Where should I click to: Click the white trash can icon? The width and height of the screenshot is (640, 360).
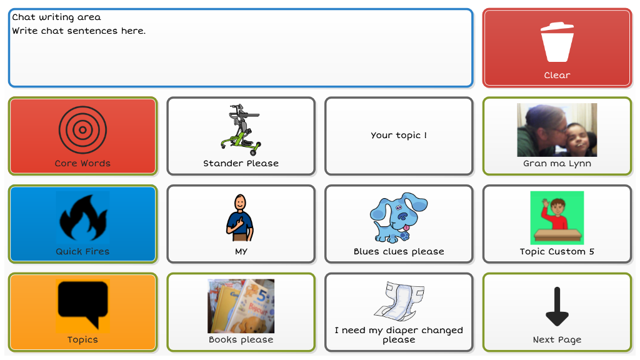[557, 42]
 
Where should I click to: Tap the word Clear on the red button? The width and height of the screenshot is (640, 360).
[557, 75]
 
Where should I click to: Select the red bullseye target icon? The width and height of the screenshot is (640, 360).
[83, 130]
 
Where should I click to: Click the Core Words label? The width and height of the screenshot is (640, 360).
[83, 163]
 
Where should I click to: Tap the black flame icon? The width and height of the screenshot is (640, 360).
[83, 217]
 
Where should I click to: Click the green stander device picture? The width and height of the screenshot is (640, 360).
[241, 129]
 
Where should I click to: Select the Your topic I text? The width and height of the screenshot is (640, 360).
[399, 135]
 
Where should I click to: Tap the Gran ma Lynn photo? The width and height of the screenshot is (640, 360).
[557, 130]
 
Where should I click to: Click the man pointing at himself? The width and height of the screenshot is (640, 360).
[241, 218]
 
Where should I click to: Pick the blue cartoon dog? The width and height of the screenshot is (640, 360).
[398, 217]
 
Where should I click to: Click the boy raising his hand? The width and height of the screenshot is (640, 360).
[557, 218]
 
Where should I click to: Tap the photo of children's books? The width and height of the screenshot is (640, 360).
[241, 306]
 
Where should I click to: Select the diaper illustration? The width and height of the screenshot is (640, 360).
[399, 301]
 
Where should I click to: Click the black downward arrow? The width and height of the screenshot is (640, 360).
[557, 306]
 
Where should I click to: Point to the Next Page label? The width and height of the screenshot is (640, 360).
[557, 339]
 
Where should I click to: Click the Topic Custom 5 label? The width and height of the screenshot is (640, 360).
[557, 251]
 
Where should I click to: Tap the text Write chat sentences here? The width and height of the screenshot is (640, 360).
[79, 31]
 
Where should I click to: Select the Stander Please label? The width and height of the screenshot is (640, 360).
[241, 163]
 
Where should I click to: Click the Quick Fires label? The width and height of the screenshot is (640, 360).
[83, 251]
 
